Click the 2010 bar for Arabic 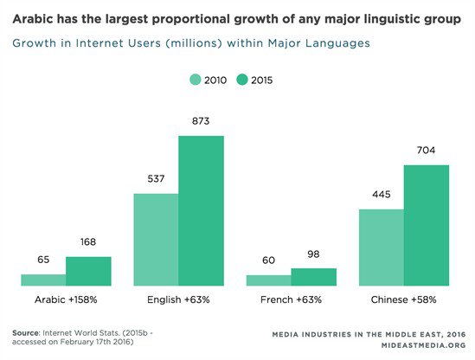[43, 280]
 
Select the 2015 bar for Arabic [88, 271]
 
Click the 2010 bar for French [268, 280]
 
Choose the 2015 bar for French [313, 277]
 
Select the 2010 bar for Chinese [381, 247]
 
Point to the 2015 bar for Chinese [426, 225]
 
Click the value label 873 [201, 124]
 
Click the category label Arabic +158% [66, 299]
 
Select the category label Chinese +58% [403, 299]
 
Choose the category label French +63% [291, 299]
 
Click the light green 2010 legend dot [195, 80]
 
